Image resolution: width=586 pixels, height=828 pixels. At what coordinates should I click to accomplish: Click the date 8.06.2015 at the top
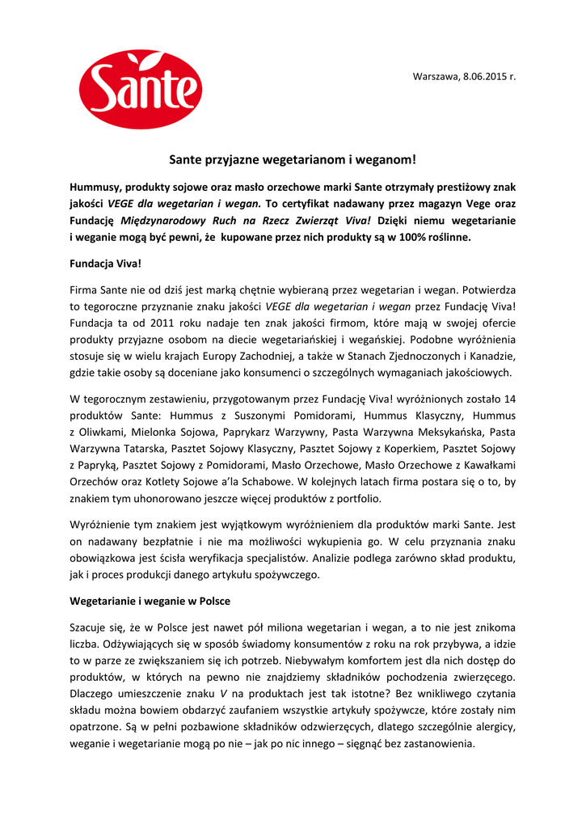[485, 76]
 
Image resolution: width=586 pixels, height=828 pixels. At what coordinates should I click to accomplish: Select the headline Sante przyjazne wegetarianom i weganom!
[292, 161]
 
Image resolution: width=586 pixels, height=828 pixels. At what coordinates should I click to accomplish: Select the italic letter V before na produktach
[222, 695]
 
